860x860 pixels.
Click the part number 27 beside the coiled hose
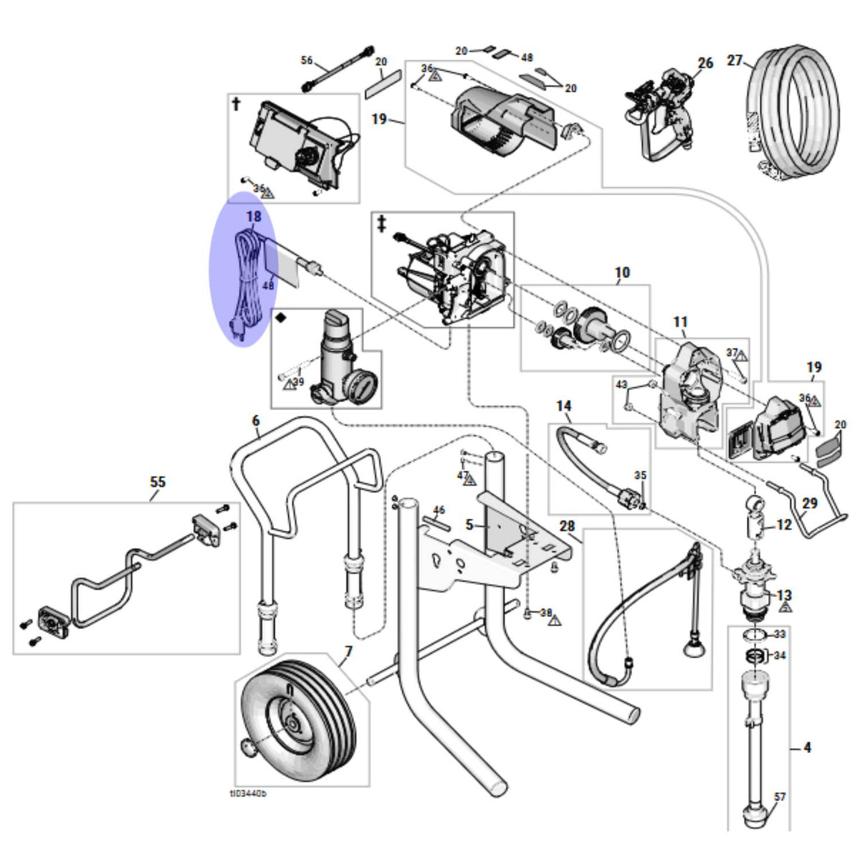click(735, 60)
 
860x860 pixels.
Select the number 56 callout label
click(307, 59)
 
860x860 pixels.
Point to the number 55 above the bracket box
click(158, 482)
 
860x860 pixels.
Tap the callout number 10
click(622, 272)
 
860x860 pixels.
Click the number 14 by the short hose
click(564, 406)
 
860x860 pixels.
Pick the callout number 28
click(567, 526)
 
